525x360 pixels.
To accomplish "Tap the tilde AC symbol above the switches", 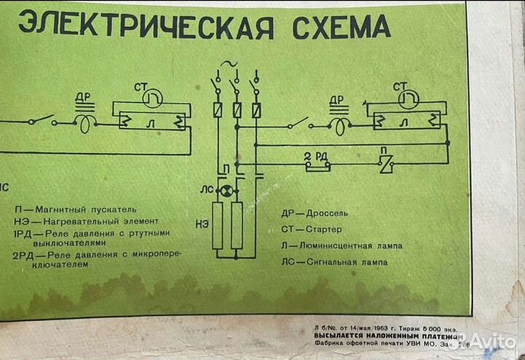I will [233, 66].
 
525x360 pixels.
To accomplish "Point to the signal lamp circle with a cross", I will [227, 192].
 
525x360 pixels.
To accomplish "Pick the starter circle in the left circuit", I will [150, 97].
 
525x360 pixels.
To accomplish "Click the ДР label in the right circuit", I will [336, 99].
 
